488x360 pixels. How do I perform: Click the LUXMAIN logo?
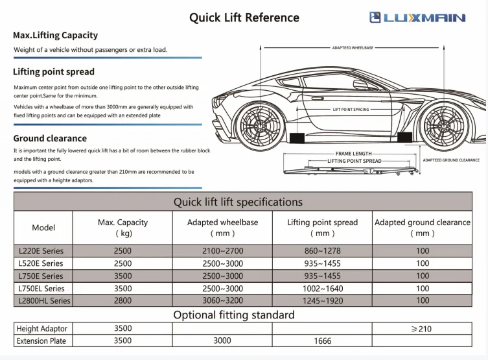pyautogui.click(x=417, y=18)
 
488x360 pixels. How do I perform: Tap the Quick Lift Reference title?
pyautogui.click(x=244, y=18)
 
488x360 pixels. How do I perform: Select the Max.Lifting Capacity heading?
pyautogui.click(x=56, y=35)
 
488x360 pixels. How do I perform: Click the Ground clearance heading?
pyautogui.click(x=50, y=138)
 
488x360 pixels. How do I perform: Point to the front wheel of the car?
pyautogui.click(x=259, y=123)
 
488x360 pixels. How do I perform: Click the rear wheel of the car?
pyautogui.click(x=445, y=123)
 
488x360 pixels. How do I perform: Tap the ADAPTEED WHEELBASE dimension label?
pyautogui.click(x=353, y=47)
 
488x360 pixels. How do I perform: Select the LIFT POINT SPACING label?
pyautogui.click(x=351, y=110)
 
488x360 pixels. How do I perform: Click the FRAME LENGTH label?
pyautogui.click(x=353, y=154)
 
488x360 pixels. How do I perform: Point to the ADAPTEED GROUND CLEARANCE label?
pyautogui.click(x=451, y=160)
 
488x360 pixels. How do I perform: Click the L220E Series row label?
pyautogui.click(x=41, y=251)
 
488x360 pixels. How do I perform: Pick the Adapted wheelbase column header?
pyautogui.click(x=222, y=222)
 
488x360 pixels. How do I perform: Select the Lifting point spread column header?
pyautogui.click(x=322, y=222)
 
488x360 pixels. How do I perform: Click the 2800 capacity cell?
pyautogui.click(x=122, y=300)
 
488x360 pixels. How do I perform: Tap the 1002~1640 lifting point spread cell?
pyautogui.click(x=322, y=288)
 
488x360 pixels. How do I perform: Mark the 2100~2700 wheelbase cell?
pyautogui.click(x=222, y=251)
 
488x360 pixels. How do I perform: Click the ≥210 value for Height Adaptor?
pyautogui.click(x=422, y=329)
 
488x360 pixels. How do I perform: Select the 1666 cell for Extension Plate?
pyautogui.click(x=322, y=341)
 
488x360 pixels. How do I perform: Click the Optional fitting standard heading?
pyautogui.click(x=233, y=315)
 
